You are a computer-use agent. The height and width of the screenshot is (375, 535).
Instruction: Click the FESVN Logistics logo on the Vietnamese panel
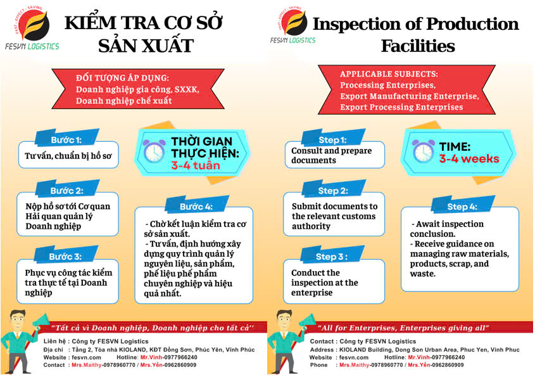pyautogui.click(x=32, y=28)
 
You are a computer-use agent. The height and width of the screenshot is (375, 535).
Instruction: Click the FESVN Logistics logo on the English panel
pyautogui.click(x=293, y=25)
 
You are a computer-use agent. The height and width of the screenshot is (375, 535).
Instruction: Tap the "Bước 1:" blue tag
pyautogui.click(x=67, y=139)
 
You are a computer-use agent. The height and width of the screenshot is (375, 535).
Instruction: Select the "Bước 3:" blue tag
pyautogui.click(x=66, y=255)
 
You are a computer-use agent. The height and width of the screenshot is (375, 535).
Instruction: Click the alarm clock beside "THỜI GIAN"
pyautogui.click(x=154, y=151)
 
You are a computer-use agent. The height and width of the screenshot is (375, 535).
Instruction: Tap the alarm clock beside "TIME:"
pyautogui.click(x=423, y=151)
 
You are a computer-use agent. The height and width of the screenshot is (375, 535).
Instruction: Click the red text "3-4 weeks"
pyautogui.click(x=469, y=158)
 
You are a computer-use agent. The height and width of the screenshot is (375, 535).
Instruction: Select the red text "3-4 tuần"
pyautogui.click(x=196, y=165)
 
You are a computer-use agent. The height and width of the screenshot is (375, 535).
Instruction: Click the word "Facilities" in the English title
pyautogui.click(x=418, y=46)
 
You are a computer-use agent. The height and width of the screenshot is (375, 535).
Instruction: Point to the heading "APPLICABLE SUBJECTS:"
pyautogui.click(x=389, y=73)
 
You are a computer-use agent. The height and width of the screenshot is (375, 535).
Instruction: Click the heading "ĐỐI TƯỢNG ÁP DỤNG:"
pyautogui.click(x=122, y=78)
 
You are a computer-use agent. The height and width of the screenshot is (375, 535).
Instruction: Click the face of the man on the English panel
pyautogui.click(x=284, y=320)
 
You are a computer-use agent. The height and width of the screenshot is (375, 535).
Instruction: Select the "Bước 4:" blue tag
pyautogui.click(x=196, y=206)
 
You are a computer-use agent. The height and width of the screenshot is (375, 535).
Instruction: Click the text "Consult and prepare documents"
pyautogui.click(x=331, y=155)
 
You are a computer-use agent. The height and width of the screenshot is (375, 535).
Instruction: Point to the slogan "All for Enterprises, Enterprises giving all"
pyautogui.click(x=403, y=328)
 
